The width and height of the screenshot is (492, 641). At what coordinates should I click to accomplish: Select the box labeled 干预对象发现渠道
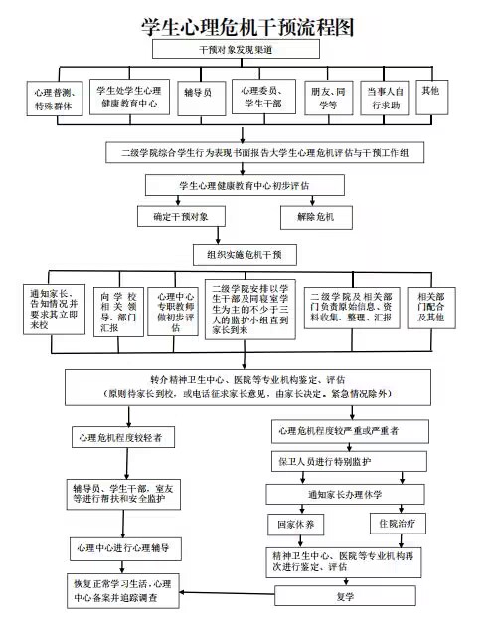[x=246, y=49]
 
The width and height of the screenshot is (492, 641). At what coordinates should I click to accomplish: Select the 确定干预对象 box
[x=181, y=216]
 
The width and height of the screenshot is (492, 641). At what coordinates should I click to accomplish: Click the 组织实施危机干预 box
[x=245, y=255]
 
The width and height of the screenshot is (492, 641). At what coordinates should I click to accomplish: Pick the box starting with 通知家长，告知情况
[x=54, y=309]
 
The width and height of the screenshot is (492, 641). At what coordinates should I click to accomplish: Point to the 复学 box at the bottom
[x=344, y=597]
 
